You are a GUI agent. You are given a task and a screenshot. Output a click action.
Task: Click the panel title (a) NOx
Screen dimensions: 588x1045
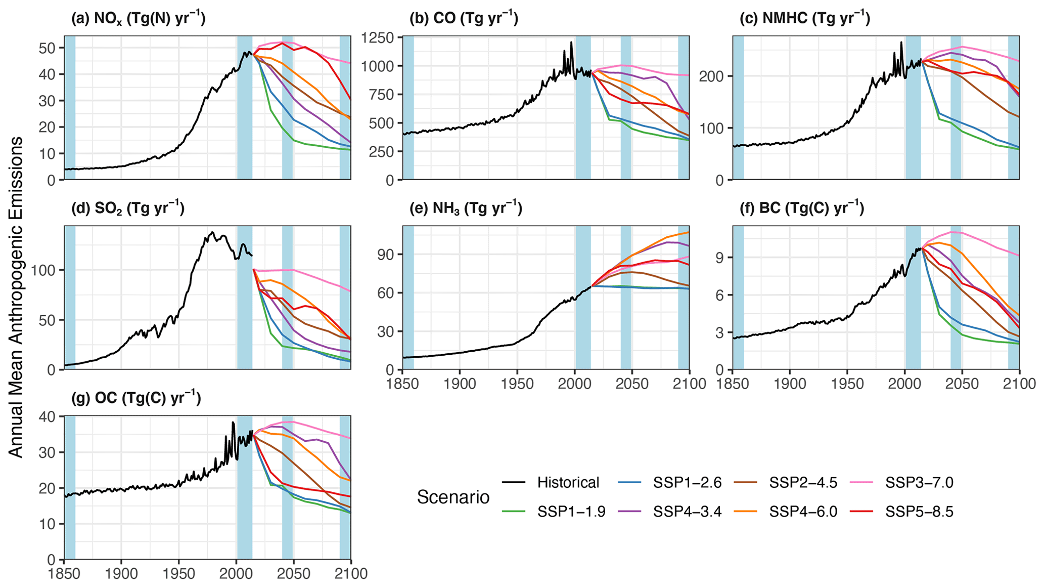pyautogui.click(x=138, y=19)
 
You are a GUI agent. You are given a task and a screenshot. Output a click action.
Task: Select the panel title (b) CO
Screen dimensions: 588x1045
pyautogui.click(x=464, y=19)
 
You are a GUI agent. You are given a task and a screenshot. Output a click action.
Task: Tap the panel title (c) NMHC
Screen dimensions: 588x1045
pyautogui.click(x=804, y=19)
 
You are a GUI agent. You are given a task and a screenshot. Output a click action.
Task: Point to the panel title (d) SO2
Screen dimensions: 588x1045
pyautogui.click(x=127, y=208)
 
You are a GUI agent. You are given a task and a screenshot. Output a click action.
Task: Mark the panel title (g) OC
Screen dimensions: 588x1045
pyautogui.click(x=135, y=398)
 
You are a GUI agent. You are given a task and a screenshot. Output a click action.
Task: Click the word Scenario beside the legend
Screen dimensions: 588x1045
pyautogui.click(x=453, y=497)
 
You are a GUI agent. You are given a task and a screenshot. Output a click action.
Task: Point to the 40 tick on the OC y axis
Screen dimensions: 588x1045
pyautogui.click(x=50, y=416)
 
